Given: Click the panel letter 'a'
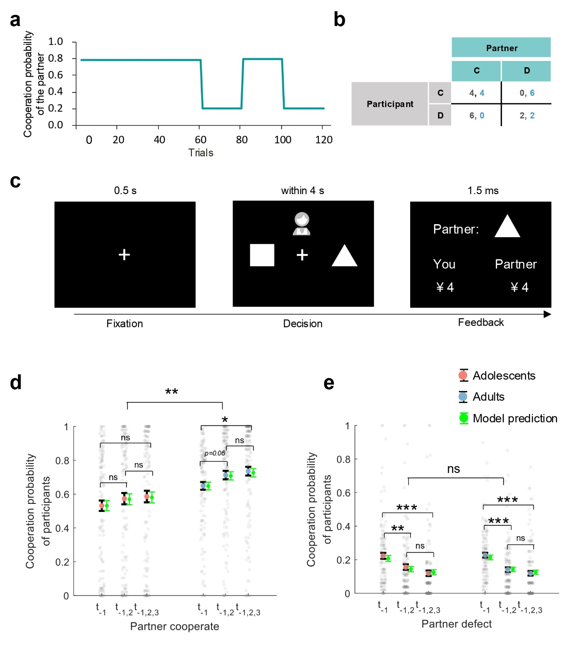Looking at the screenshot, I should click(15, 20).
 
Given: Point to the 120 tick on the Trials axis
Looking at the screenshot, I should click(324, 140).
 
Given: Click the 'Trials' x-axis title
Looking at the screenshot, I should click(200, 153).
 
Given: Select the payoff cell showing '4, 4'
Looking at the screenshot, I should click(476, 93).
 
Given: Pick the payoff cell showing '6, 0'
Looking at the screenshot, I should click(476, 115).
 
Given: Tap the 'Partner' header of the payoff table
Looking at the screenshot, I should click(501, 48).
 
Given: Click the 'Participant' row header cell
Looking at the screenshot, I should click(390, 104).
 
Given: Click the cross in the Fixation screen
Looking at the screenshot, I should click(124, 255).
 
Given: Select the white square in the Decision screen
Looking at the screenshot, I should click(262, 255).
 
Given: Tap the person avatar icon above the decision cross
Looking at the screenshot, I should click(302, 224).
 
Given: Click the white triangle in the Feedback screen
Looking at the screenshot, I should click(507, 226).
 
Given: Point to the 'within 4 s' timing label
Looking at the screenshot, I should click(302, 191).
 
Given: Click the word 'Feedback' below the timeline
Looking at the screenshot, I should click(481, 322).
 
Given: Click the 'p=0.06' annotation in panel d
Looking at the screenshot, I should click(215, 453).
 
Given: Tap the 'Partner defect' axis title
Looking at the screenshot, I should click(456, 624).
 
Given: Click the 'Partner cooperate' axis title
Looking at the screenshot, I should click(174, 626).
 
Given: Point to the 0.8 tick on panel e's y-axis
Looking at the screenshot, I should click(343, 459).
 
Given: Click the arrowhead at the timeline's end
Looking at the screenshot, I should click(547, 314).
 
